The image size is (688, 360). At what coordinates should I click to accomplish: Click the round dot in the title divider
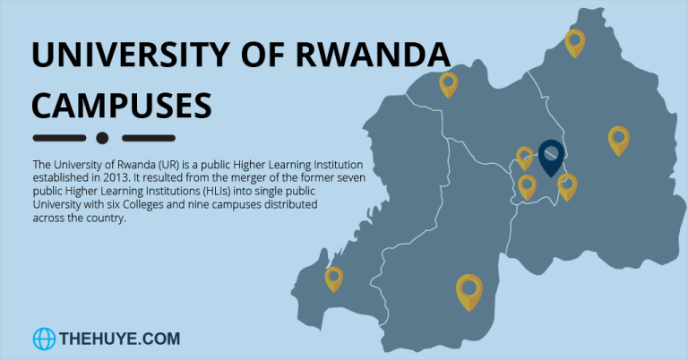[x=102, y=138]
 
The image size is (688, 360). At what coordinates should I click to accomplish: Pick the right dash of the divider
[x=147, y=138]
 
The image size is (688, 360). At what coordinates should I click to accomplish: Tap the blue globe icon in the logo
[x=44, y=339]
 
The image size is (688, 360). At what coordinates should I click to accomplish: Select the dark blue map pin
[x=551, y=158]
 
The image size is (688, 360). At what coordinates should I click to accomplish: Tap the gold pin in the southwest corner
[x=334, y=279]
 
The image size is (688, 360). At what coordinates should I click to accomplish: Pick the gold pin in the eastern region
[x=618, y=140]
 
